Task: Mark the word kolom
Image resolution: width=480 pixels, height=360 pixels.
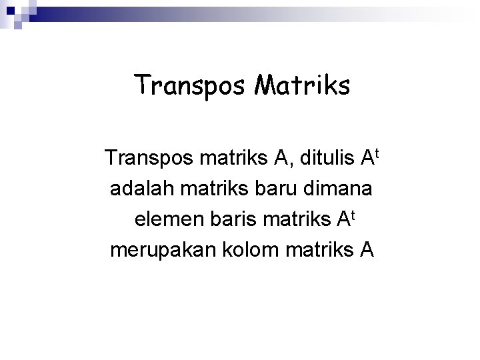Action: coord(249,251)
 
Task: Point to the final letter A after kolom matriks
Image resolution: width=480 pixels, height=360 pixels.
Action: coord(367,251)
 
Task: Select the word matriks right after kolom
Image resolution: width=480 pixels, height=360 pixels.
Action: coord(321,251)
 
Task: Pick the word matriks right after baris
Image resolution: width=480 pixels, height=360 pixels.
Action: coord(297,220)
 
